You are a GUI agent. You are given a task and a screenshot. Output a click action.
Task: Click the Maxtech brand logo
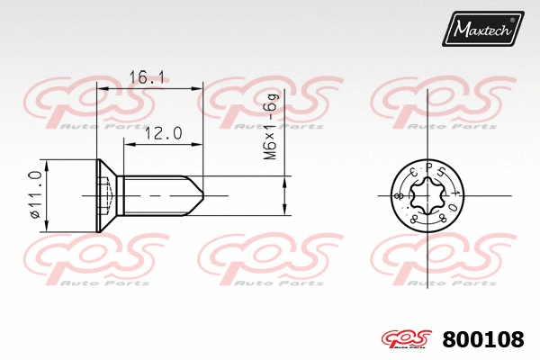pyautogui.click(x=482, y=30)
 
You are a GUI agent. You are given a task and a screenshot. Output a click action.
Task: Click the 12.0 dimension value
pyautogui.click(x=164, y=132)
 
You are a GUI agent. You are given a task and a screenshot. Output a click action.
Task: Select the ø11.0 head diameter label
pyautogui.click(x=35, y=196)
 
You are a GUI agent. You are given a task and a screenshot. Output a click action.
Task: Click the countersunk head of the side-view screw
pyautogui.click(x=107, y=195)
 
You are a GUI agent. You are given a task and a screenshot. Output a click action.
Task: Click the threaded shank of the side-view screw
pyautogui.click(x=153, y=195)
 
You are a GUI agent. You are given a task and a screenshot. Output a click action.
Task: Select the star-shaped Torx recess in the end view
pyautogui.click(x=427, y=195)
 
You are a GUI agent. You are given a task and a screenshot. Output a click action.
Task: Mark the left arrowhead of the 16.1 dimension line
pyautogui.click(x=102, y=89)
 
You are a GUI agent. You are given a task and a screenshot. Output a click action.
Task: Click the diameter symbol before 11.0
pyautogui.click(x=35, y=216)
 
